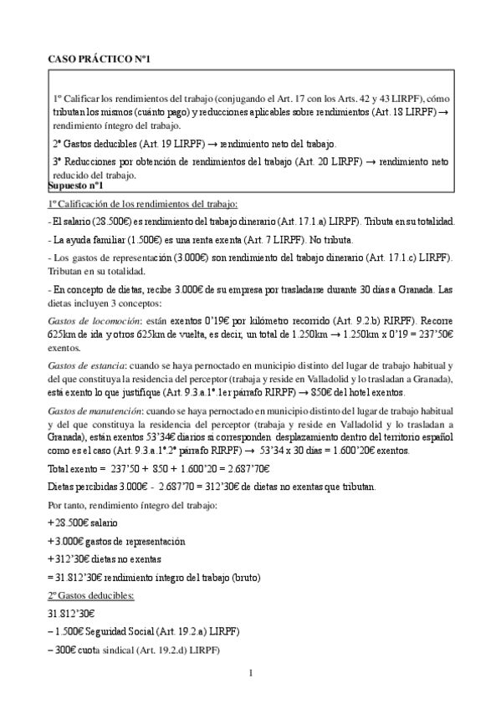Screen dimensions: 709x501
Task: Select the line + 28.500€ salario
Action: pyautogui.click(x=83, y=523)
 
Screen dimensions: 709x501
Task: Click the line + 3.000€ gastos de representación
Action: pyautogui.click(x=117, y=541)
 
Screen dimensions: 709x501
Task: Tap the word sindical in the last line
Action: pyautogui.click(x=119, y=650)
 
